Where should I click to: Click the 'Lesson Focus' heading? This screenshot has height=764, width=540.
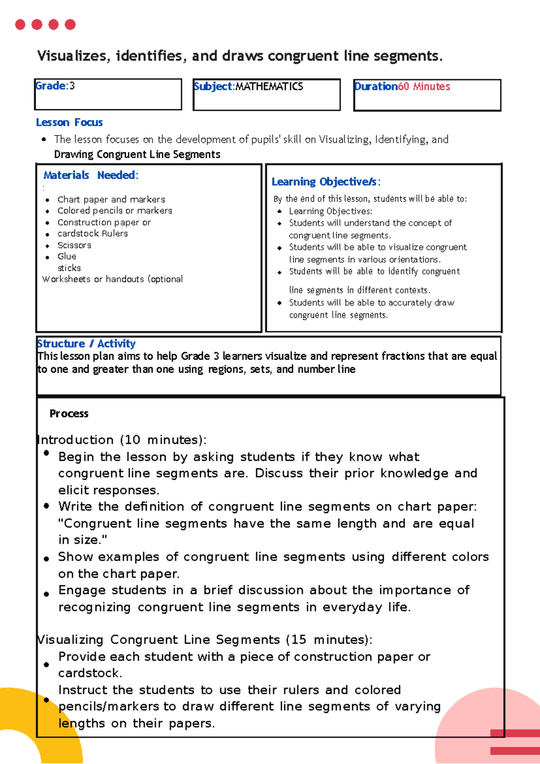click(x=69, y=122)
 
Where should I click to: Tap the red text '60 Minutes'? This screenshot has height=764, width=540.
click(x=424, y=86)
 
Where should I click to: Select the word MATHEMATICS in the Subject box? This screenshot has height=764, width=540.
click(x=269, y=86)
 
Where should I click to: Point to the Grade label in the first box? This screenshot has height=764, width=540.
click(x=50, y=85)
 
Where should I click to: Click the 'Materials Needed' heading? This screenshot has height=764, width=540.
click(x=90, y=175)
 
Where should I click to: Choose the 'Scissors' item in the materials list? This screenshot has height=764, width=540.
click(x=74, y=245)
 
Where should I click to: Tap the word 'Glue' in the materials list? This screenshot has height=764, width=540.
click(x=67, y=256)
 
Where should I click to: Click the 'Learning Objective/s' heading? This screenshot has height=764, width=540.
click(x=326, y=182)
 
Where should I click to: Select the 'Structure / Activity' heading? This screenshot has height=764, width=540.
click(x=86, y=344)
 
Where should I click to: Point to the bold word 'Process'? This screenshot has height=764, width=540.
click(x=69, y=413)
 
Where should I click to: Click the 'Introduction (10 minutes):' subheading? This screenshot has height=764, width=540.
click(x=121, y=440)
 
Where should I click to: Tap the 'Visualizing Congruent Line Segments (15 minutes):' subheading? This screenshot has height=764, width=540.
click(x=204, y=639)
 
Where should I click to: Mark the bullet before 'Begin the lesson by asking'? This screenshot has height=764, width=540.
click(x=46, y=453)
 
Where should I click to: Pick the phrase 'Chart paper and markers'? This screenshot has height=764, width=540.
click(x=111, y=199)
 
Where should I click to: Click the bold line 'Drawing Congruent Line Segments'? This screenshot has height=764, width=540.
click(x=137, y=154)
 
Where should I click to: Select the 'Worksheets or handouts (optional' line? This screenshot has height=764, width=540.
click(x=112, y=279)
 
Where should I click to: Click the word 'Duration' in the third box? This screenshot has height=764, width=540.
click(x=376, y=86)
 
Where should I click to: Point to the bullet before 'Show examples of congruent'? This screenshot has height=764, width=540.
click(x=46, y=559)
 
